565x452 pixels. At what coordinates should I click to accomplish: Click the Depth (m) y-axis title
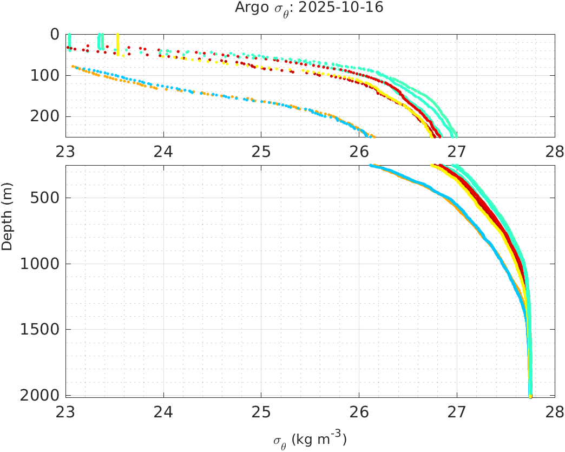(7, 223)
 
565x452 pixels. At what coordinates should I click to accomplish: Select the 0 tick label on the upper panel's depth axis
(55, 34)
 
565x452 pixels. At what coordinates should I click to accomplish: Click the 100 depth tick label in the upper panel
(45, 75)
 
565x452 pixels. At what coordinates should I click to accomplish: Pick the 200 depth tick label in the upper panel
(45, 116)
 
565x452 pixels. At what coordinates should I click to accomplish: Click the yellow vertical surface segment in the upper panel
(118, 43)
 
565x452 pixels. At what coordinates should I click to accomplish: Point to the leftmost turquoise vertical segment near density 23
(69, 42)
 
